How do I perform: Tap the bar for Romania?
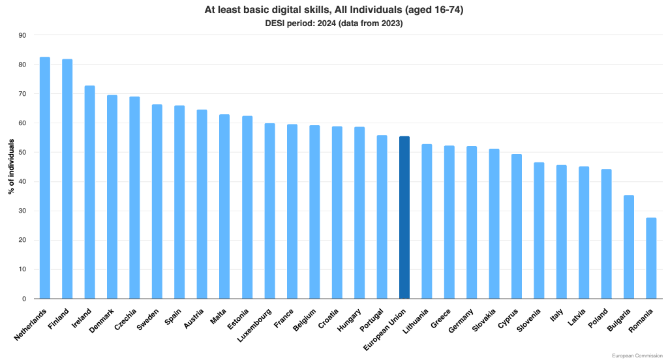[x=651, y=258]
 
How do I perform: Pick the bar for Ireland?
[x=89, y=192]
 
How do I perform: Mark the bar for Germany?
[x=472, y=222]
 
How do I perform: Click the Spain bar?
[x=179, y=202]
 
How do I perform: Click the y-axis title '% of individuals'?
[x=11, y=167]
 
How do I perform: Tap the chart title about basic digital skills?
[x=334, y=10]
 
